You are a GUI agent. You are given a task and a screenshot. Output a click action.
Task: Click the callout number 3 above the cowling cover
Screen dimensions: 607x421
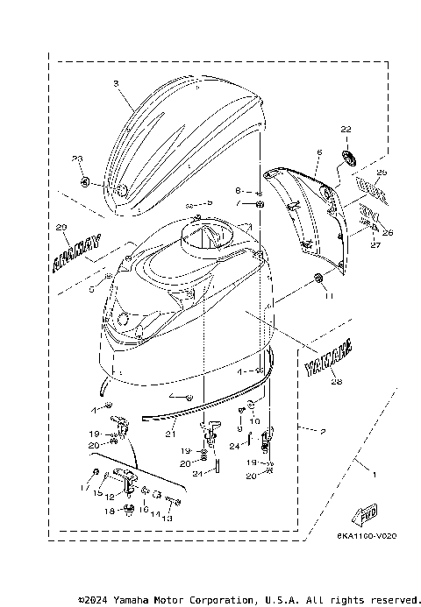pyautogui.click(x=116, y=83)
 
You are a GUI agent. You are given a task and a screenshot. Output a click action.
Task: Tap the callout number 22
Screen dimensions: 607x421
pyautogui.click(x=346, y=130)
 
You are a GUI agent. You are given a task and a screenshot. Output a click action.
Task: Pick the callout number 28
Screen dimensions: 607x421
pyautogui.click(x=335, y=381)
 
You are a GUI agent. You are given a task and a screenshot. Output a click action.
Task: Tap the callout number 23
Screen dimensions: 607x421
pyautogui.click(x=76, y=159)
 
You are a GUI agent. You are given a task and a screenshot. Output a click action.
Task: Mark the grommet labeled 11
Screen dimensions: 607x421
pyautogui.click(x=317, y=279)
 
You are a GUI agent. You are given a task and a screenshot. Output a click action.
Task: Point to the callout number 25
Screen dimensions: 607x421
pyautogui.click(x=382, y=173)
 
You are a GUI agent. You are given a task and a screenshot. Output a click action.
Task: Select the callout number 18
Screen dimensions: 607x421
pyautogui.click(x=109, y=510)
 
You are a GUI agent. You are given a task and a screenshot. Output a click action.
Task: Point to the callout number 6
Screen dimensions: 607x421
pyautogui.click(x=319, y=152)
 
